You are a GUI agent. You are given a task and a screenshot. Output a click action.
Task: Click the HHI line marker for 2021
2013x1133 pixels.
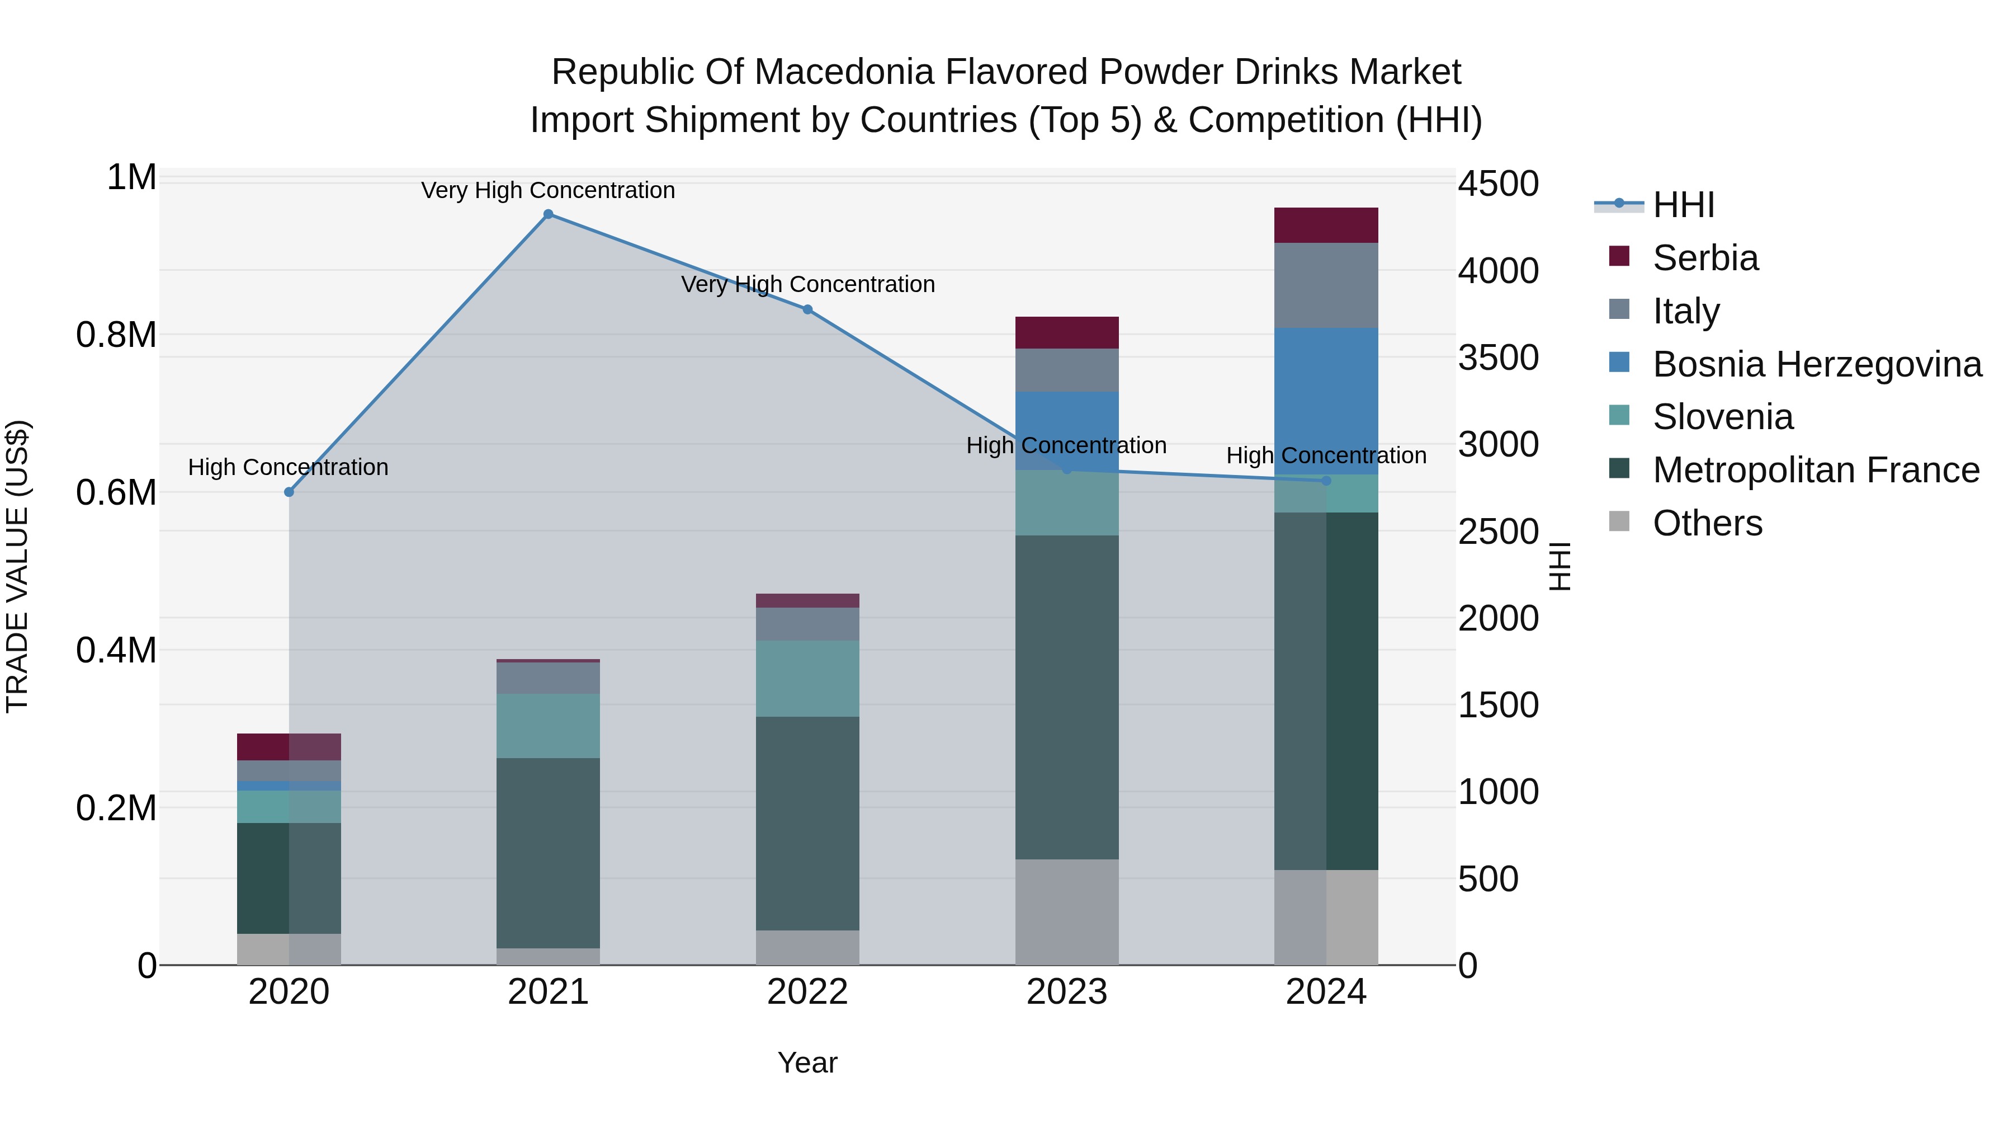pos(548,214)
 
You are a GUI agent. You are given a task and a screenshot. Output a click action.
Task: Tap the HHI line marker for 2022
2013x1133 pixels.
pos(807,309)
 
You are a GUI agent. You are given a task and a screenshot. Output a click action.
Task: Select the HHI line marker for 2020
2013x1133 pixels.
pos(289,492)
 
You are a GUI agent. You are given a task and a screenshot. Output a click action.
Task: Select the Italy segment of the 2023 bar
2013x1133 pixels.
pos(1067,370)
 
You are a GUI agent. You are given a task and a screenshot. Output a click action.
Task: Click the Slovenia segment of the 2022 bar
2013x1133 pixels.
pos(807,678)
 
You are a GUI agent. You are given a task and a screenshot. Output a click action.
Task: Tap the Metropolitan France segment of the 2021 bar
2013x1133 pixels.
pos(548,852)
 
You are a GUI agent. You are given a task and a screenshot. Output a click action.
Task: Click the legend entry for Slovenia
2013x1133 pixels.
pos(1722,417)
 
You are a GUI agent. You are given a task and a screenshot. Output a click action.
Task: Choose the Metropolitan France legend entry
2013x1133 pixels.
pos(1815,470)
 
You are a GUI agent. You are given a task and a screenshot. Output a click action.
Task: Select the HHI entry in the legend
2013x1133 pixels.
pos(1683,205)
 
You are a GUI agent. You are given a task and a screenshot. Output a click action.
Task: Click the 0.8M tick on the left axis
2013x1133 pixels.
pos(116,335)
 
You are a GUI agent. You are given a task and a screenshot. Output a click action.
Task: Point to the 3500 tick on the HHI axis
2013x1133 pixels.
pos(1497,358)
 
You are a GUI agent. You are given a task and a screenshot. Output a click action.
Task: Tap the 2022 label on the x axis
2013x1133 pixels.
pos(807,992)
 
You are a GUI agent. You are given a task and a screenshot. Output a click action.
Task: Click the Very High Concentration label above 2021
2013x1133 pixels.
pos(548,190)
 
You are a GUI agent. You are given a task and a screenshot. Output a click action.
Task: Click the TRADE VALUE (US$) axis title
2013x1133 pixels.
pos(17,566)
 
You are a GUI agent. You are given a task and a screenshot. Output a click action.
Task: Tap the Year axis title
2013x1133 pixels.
pos(807,1063)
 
